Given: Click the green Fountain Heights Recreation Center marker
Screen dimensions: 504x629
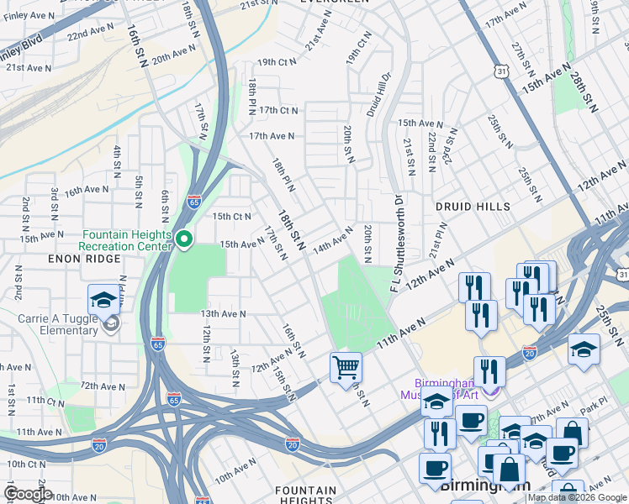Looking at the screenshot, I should pyautogui.click(x=184, y=241).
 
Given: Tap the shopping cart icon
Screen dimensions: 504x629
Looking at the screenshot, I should pyautogui.click(x=346, y=368).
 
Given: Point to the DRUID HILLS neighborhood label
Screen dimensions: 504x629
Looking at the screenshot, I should pyautogui.click(x=473, y=206).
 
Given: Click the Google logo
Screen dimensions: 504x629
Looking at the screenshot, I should pyautogui.click(x=28, y=494).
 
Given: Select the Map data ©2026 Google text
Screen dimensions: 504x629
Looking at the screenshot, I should pyautogui.click(x=577, y=498).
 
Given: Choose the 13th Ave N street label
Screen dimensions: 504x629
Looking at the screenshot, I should pyautogui.click(x=222, y=313).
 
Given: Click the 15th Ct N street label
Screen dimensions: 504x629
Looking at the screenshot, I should pyautogui.click(x=232, y=216).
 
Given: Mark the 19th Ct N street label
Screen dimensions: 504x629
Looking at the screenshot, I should pyautogui.click(x=277, y=62).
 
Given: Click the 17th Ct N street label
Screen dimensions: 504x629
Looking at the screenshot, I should pyautogui.click(x=279, y=110).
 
